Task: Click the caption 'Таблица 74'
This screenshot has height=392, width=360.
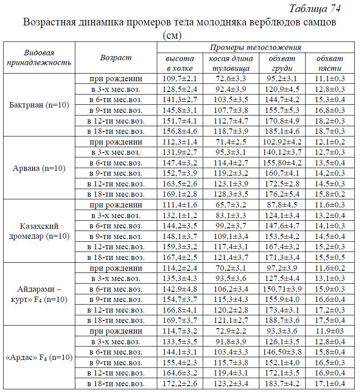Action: coord(315,8)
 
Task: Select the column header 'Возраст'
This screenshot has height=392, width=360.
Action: coord(116,58)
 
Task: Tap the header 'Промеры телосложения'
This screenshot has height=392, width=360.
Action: coord(255,48)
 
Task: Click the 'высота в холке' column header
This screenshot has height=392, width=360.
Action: coord(180,63)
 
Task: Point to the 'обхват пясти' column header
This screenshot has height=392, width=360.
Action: coord(330,63)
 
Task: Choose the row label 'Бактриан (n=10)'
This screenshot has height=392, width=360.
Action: coord(39,105)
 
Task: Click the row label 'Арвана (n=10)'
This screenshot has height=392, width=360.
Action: coord(39,168)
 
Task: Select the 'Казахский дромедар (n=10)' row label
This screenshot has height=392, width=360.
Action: coord(39,231)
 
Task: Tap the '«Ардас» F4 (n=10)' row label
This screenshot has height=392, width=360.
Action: coord(39,358)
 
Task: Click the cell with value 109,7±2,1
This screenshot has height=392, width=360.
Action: coord(180,79)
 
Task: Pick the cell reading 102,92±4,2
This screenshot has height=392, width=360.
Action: coord(282,142)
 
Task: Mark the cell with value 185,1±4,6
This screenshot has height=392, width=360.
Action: coord(282,131)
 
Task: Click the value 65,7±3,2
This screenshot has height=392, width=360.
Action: coord(231,205)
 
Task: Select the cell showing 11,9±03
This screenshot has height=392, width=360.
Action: coord(330,331)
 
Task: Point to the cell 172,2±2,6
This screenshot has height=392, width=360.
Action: coord(180,384)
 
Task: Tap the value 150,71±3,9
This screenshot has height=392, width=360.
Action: coord(282,289)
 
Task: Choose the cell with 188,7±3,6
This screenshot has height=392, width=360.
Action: coord(282,320)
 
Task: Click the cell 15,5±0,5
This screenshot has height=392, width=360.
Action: coord(330,257)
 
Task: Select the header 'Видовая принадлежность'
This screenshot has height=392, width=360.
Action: coord(39,58)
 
